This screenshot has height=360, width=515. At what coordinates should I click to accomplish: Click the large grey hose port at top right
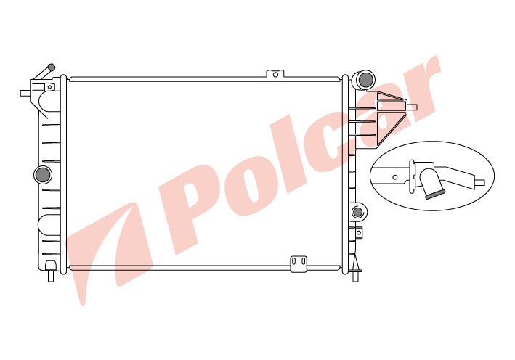click(365, 79)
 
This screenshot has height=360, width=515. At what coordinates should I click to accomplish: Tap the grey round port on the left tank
click(43, 175)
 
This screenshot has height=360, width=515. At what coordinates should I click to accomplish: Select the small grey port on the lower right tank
click(357, 212)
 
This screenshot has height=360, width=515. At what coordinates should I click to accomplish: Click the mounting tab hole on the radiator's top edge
click(275, 75)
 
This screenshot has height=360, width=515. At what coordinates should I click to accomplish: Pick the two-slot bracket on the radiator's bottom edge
click(299, 264)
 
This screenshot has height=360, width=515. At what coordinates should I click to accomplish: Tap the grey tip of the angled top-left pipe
click(52, 67)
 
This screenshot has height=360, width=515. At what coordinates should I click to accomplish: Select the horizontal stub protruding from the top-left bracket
click(25, 93)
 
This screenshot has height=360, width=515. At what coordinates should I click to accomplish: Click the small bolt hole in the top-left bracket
click(49, 87)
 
